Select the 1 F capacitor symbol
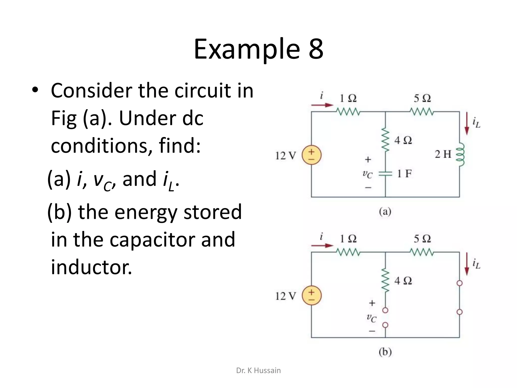coord(385,173)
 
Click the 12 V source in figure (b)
coord(312,296)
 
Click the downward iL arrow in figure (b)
coord(467,264)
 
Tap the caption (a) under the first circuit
coord(385,212)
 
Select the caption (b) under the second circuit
coord(385,352)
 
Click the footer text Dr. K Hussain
coord(258,370)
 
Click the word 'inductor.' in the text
coord(91,267)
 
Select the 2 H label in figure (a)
coord(443,154)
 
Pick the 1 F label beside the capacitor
coord(404,174)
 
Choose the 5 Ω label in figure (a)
coord(422,98)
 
